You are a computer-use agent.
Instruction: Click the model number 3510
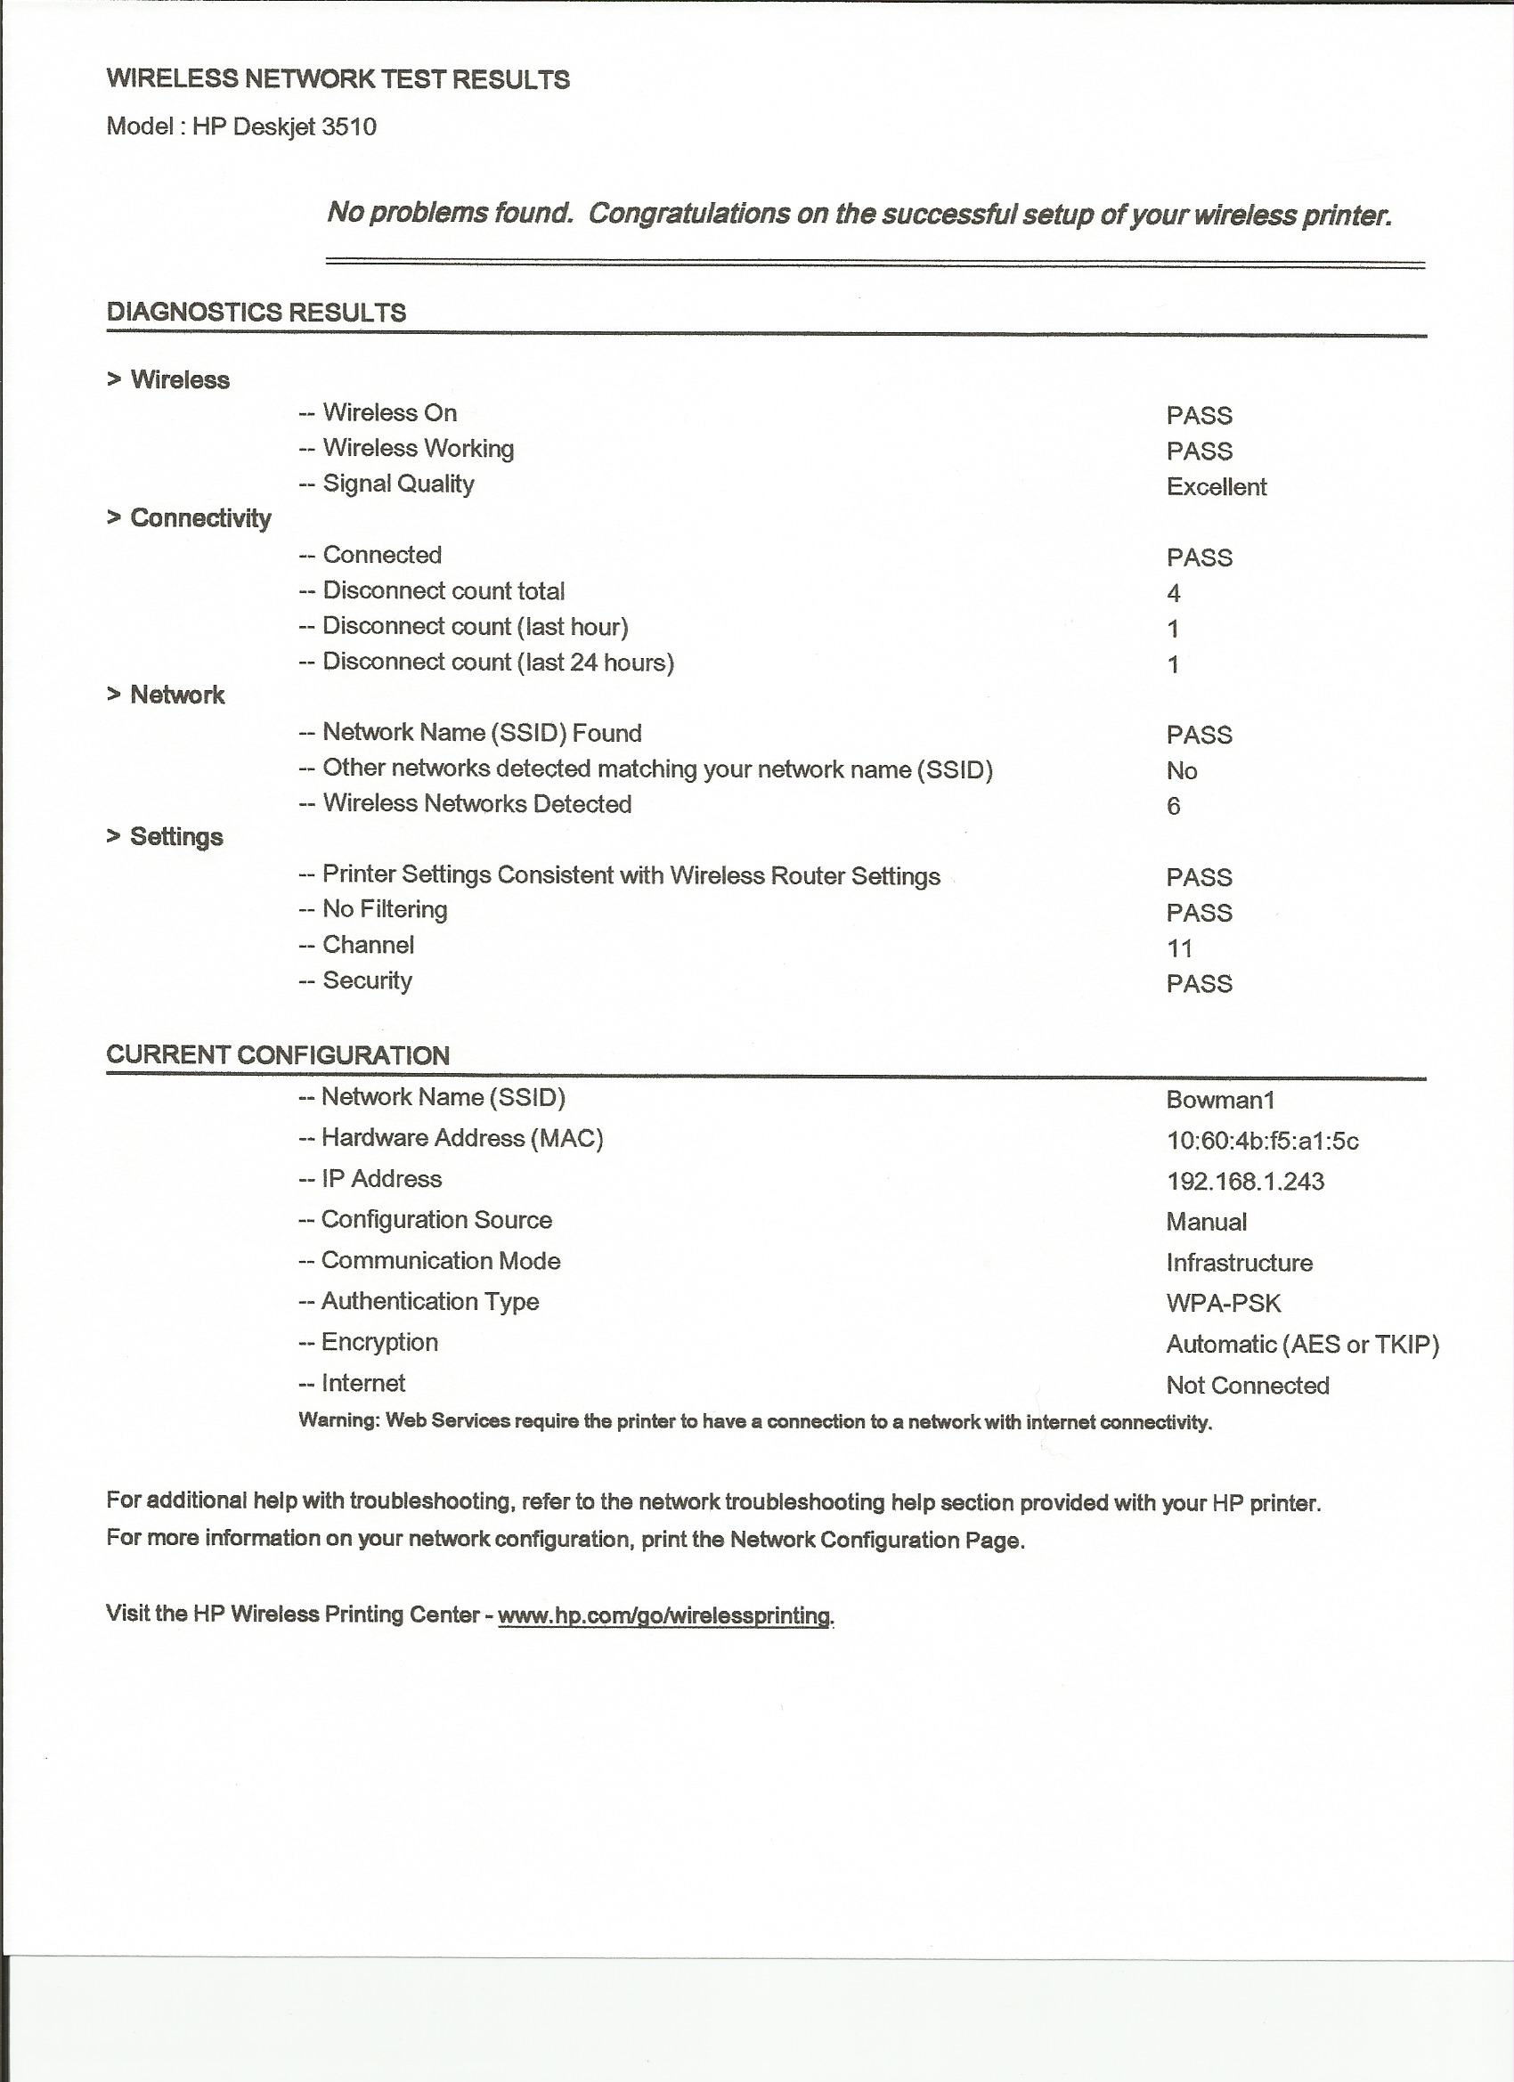pos(349,126)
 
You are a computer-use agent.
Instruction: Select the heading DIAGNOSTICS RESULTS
pos(256,312)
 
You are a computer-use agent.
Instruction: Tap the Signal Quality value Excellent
pos(1216,486)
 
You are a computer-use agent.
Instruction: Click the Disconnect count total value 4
pos(1174,593)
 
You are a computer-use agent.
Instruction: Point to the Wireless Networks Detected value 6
pos(1174,806)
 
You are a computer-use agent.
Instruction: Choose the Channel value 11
pos(1179,948)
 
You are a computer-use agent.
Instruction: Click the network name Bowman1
pos(1220,1100)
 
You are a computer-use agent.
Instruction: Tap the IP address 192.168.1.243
pos(1245,1182)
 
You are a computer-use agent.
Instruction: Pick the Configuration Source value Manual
pos(1207,1222)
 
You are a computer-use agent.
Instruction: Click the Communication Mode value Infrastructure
pos(1239,1263)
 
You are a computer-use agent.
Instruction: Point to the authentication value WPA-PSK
pos(1223,1304)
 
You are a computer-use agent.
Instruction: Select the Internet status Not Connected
pos(1247,1386)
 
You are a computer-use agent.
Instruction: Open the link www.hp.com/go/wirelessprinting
pos(663,1615)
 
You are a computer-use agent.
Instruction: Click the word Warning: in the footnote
pos(338,1421)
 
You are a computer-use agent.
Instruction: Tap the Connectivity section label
pos(200,517)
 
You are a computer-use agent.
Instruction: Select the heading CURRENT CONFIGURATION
pos(277,1054)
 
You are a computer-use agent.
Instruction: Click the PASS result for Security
pos(1199,984)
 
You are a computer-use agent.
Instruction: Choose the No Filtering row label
pos(385,909)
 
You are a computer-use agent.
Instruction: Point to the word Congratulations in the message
pos(688,213)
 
